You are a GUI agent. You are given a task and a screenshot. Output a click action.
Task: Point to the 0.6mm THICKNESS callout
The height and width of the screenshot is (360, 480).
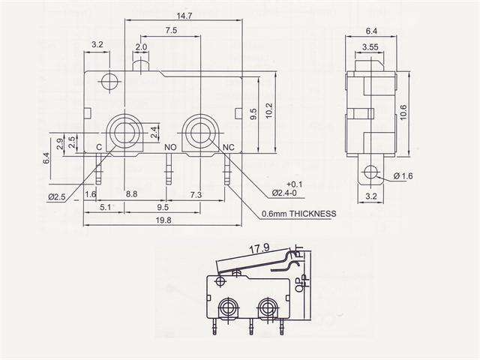coord(298,214)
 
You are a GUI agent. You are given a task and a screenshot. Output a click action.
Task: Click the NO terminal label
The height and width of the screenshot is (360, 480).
coord(170,147)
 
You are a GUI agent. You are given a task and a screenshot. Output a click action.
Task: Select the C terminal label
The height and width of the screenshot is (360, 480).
coord(99,147)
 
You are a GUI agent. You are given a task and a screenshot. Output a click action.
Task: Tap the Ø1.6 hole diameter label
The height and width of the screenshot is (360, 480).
coord(404,176)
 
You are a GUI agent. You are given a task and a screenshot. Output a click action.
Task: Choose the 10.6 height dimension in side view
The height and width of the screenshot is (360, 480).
coord(403,112)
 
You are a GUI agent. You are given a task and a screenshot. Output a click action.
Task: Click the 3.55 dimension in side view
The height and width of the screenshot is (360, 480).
coord(368,47)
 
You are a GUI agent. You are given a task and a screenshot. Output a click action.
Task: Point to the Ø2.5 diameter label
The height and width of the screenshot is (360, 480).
coord(58,196)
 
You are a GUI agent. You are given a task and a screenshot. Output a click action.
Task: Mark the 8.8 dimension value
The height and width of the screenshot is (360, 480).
coord(130,194)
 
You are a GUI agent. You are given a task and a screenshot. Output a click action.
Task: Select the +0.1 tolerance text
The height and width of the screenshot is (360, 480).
coord(295,184)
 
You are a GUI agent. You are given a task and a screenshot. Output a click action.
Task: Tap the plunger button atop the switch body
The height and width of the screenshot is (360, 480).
coord(141,67)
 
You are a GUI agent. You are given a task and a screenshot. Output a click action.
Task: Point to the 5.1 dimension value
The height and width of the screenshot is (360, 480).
coord(106,207)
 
